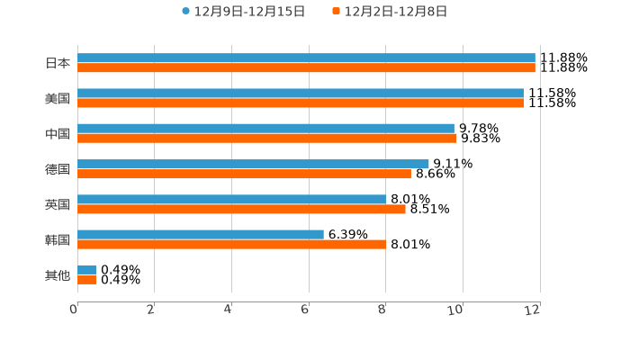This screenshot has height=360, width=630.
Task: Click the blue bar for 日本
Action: pos(306,58)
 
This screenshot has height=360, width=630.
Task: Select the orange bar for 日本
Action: pos(306,68)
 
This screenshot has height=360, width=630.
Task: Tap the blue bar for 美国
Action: pos(301,94)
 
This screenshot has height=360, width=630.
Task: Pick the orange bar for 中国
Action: pos(267,139)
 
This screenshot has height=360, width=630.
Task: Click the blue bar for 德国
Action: pos(253,164)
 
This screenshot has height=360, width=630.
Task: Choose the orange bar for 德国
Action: pos(244,174)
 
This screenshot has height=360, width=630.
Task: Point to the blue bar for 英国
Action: pos(231,200)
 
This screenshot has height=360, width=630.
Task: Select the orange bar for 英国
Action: pos(241,209)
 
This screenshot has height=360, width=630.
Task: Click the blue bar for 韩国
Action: pos(201,235)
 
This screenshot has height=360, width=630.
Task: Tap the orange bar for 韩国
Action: pos(231,245)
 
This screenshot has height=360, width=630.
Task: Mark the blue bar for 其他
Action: pos(86,270)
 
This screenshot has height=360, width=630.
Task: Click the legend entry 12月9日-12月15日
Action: pos(243,12)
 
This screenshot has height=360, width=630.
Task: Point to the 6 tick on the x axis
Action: pos(305,310)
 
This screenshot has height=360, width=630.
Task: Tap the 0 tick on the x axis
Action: pos(74,310)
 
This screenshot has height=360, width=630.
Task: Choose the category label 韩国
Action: pos(58,240)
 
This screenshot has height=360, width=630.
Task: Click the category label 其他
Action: pos(58,275)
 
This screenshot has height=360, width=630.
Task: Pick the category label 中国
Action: pos(58,134)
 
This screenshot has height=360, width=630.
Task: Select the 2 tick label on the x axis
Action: pos(151,310)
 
